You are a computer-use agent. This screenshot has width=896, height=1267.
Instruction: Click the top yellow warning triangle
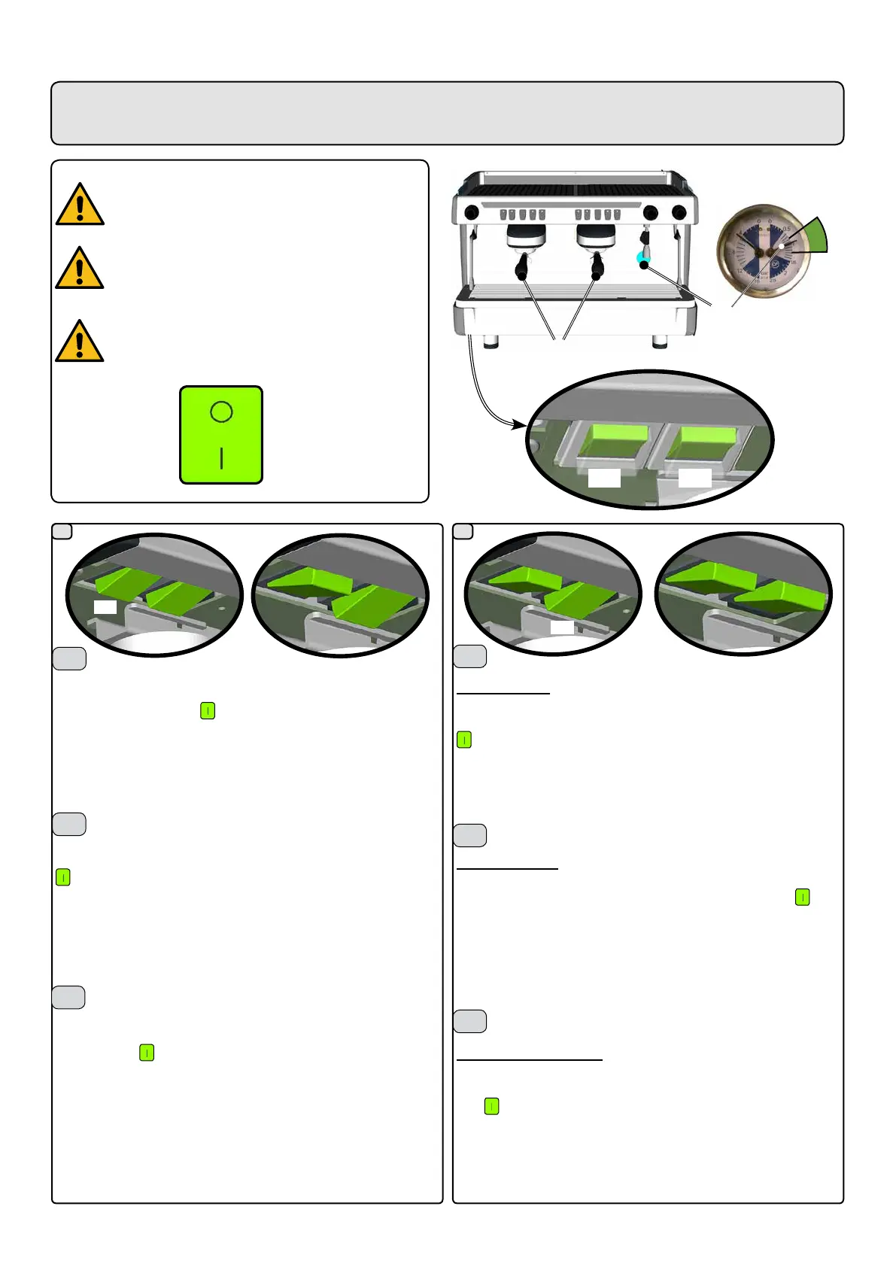(x=80, y=205)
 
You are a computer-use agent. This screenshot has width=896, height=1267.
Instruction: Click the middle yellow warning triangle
(x=80, y=269)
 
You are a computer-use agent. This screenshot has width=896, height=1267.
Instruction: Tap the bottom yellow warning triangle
(x=80, y=342)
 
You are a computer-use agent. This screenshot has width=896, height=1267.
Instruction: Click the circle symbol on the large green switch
(x=221, y=412)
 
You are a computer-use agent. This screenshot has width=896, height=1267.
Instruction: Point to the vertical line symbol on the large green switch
(x=221, y=458)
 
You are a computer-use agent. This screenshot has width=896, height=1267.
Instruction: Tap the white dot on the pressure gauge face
(x=782, y=246)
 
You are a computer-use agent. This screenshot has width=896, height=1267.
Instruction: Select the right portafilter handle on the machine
(x=597, y=266)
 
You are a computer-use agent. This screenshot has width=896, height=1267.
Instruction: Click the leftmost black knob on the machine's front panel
(x=471, y=211)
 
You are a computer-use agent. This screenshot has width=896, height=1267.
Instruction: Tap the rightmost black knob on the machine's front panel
(x=679, y=212)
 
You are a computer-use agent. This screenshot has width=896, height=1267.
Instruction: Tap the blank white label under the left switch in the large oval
(x=604, y=479)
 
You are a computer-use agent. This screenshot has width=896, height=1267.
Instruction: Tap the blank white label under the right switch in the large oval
(x=694, y=479)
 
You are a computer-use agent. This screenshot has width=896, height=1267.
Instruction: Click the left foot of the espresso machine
(x=491, y=341)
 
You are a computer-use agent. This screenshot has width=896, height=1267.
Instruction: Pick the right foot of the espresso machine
(x=660, y=341)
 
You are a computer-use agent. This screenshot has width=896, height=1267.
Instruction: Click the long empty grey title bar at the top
(x=447, y=113)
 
